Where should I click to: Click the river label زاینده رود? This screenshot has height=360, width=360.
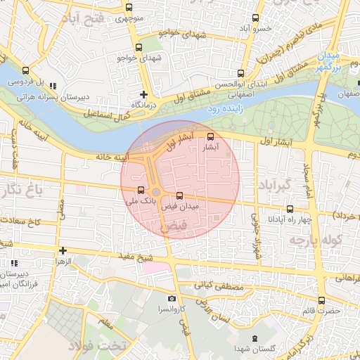(x=222, y=110)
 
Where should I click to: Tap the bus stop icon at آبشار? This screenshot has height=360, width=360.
(x=211, y=136)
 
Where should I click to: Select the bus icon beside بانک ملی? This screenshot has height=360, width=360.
(x=141, y=190)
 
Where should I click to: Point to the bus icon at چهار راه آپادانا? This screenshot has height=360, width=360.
(x=290, y=208)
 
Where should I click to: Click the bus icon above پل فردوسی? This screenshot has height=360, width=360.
(x=26, y=70)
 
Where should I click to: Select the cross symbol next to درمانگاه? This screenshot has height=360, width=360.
(x=143, y=94)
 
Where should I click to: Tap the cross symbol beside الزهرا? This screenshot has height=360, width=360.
(x=63, y=250)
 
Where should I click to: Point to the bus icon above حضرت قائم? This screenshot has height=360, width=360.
(x=321, y=300)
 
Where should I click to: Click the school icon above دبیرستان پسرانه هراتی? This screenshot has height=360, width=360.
(x=53, y=86)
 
